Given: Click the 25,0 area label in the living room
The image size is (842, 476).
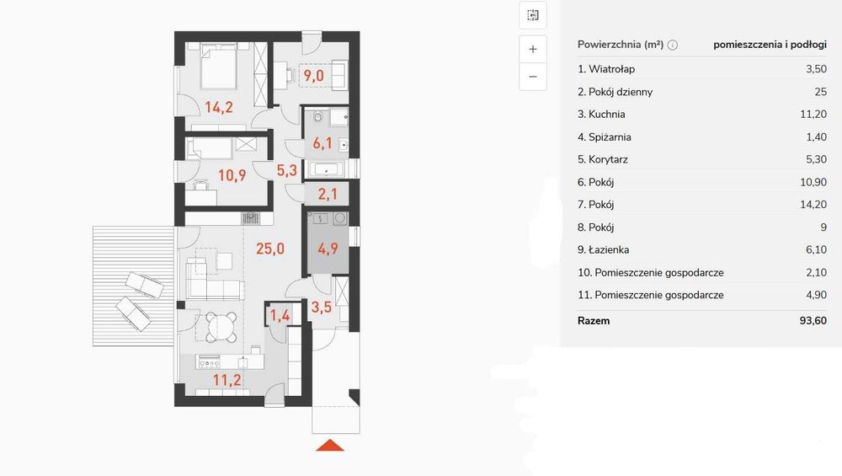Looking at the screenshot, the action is click(x=270, y=249).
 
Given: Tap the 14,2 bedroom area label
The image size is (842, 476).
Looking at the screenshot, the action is click(x=219, y=108).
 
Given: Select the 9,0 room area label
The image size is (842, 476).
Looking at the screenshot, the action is click(x=313, y=76).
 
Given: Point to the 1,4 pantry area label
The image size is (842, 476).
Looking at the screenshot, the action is click(x=280, y=315).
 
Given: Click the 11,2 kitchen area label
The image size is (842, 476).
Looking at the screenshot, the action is click(x=226, y=380).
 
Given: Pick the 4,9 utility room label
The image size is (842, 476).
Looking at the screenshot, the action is click(x=328, y=249).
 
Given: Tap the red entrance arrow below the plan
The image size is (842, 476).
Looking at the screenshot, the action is click(x=330, y=446).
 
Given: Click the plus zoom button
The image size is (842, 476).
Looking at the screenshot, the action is click(x=533, y=50).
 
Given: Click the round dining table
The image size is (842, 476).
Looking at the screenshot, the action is click(x=221, y=326).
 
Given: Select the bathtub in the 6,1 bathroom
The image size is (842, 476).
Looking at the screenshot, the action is click(x=327, y=169).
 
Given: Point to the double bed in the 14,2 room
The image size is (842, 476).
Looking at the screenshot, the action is click(x=219, y=66).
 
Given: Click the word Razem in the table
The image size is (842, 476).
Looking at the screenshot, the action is click(x=594, y=321).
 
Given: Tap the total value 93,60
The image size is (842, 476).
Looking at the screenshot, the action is click(x=813, y=321).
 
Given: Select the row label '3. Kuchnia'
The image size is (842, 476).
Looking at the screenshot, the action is click(x=601, y=115).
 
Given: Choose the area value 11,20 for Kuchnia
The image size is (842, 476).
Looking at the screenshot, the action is click(x=813, y=115).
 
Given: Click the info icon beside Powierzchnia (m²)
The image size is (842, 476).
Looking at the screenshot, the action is click(x=672, y=45).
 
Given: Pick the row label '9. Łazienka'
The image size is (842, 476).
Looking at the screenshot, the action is click(x=604, y=250).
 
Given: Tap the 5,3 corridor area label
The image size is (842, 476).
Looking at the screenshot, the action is click(x=287, y=171).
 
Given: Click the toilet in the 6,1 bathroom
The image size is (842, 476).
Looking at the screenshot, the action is click(x=317, y=116).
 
